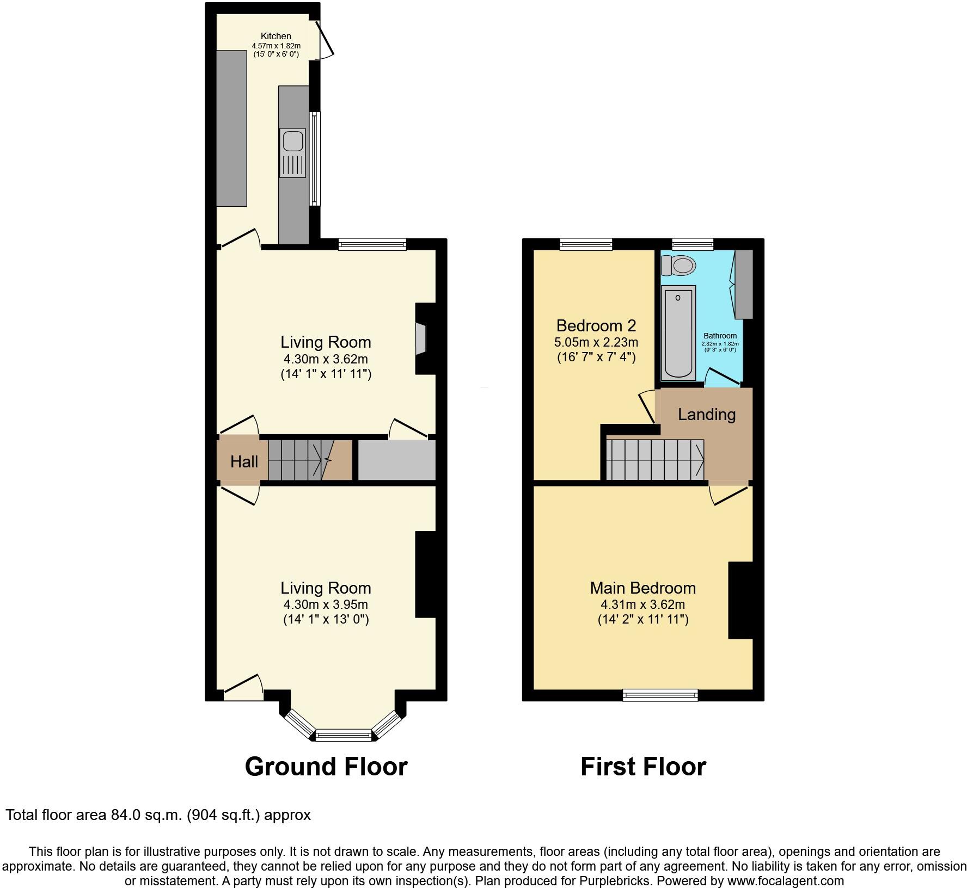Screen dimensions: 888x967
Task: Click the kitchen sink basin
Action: pos(292,140)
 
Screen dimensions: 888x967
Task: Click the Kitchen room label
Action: pos(276,36)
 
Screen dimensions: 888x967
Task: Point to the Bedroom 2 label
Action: pos(596,326)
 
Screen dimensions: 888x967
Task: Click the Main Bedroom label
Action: pos(642,588)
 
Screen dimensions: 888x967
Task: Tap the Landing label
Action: pos(706,415)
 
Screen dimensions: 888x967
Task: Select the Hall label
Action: pos(243,462)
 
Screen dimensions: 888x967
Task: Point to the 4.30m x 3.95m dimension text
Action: pos(326,605)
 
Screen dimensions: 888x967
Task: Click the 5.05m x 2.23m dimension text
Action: pos(596,342)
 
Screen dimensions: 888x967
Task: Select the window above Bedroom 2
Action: pos(586,244)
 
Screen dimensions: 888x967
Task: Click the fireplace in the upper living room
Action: pos(421,339)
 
